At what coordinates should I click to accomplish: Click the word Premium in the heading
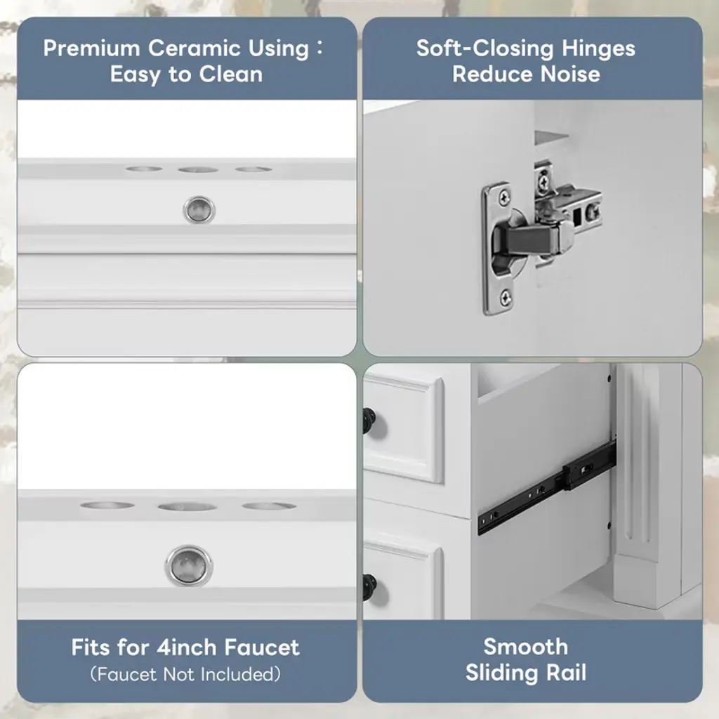[92, 48]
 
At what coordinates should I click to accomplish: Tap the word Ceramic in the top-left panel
[194, 48]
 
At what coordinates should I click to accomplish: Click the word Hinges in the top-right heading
[598, 49]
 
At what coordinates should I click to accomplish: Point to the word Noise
[570, 74]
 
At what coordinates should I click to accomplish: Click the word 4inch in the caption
[187, 647]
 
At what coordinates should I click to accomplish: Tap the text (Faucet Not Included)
[185, 674]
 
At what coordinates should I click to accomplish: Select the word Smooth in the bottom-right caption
[525, 647]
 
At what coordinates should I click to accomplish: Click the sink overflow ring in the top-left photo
[199, 210]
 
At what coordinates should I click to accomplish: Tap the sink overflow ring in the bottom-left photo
[188, 565]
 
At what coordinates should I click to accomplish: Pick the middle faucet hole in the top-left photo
[198, 170]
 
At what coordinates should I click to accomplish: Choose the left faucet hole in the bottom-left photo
[107, 506]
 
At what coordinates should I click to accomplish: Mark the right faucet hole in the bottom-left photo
[269, 506]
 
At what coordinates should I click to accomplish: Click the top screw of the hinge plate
[504, 198]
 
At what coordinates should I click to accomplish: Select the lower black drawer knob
[369, 587]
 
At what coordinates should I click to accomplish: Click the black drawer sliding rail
[546, 487]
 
